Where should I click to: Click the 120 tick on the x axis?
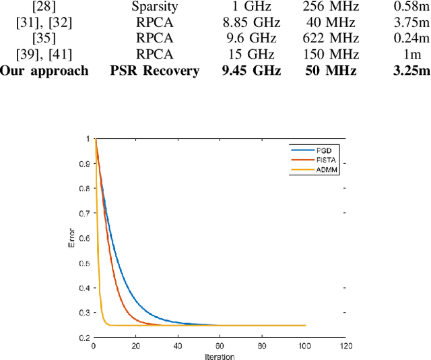[345, 347]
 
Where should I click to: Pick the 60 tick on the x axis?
[220, 347]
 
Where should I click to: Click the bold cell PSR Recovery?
[154, 70]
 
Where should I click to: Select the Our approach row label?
[44, 70]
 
